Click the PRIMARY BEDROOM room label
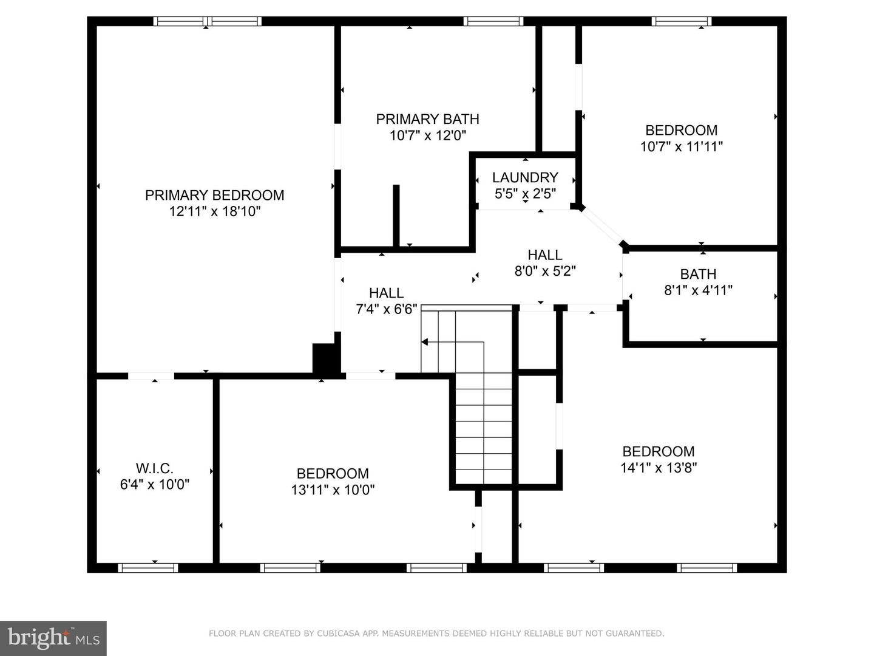click(x=214, y=195)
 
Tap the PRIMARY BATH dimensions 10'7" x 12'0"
click(x=427, y=135)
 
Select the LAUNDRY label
click(x=525, y=177)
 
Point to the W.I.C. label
click(x=154, y=468)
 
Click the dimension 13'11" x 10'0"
click(x=333, y=490)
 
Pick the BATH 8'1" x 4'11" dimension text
click(x=698, y=290)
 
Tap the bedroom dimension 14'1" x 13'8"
click(x=658, y=468)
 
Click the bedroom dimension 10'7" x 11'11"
click(x=681, y=146)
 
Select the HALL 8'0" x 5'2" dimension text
click(x=544, y=271)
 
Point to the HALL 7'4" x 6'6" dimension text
click(x=386, y=309)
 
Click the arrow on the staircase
click(x=425, y=342)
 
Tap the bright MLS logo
click(x=53, y=638)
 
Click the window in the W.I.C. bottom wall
click(x=148, y=568)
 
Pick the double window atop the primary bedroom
click(x=207, y=21)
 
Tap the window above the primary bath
click(x=493, y=21)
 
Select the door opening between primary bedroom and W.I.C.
click(x=151, y=376)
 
